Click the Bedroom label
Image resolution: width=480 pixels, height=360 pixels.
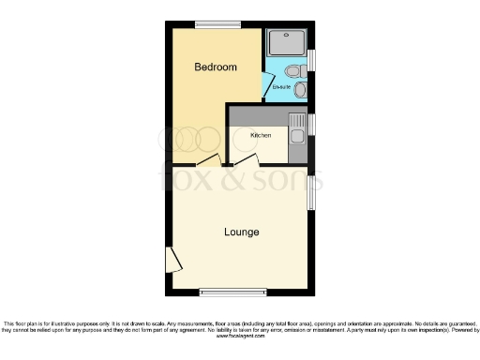(x=215, y=67)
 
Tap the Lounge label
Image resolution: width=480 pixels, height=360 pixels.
(x=242, y=232)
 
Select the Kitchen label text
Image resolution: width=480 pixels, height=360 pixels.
(x=261, y=135)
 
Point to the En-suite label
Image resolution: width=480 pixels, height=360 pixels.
(x=280, y=88)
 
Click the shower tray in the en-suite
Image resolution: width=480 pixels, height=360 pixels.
(x=287, y=44)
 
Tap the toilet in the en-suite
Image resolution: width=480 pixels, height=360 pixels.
(x=294, y=71)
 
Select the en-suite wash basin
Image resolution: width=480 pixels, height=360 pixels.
(x=301, y=90)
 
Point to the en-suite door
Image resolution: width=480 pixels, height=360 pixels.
(x=267, y=85)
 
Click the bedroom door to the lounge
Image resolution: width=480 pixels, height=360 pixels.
(x=211, y=161)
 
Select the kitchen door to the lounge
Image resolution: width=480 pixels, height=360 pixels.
(x=245, y=161)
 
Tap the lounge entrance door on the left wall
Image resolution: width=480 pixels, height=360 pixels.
(x=172, y=261)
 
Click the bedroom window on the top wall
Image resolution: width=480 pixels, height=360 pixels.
(x=217, y=23)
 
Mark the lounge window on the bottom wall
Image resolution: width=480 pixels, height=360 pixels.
(x=226, y=292)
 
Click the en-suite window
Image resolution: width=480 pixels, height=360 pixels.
(x=311, y=59)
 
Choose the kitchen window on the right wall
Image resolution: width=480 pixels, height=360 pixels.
(x=311, y=124)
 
